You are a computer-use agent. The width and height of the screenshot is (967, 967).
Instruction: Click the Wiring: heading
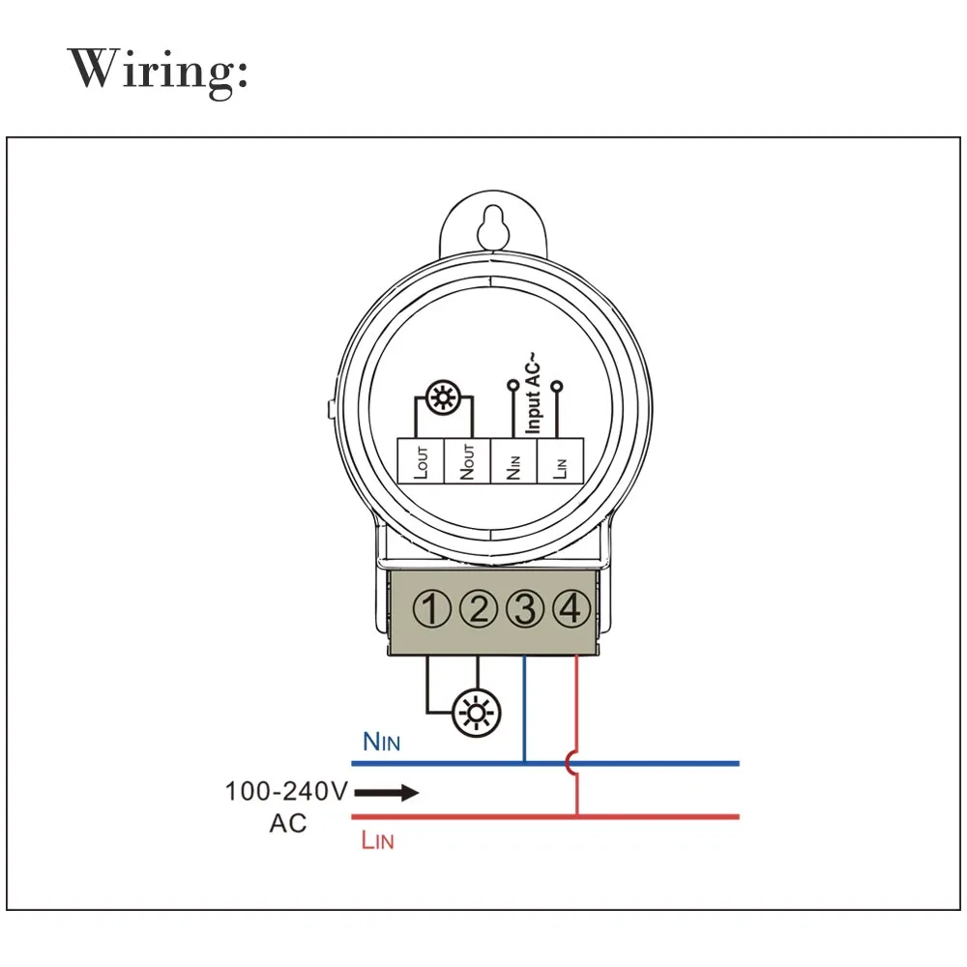(158, 72)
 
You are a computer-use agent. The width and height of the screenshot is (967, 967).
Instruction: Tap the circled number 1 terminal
(431, 608)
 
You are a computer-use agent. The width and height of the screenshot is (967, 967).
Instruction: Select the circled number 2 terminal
(479, 608)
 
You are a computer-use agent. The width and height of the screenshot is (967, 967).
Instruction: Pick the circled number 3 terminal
(525, 608)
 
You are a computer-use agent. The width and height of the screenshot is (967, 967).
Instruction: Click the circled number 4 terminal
(571, 608)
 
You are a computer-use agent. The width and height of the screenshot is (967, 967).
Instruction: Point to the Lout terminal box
(421, 460)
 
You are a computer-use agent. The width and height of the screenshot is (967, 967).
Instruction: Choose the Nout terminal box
(467, 460)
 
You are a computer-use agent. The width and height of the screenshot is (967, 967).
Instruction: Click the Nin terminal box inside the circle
(513, 460)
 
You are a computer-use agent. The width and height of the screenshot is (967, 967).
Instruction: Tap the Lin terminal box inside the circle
(561, 460)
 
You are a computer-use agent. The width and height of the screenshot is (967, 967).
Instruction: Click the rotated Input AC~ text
(533, 393)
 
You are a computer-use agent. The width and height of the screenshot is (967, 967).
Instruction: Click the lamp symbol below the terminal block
(476, 713)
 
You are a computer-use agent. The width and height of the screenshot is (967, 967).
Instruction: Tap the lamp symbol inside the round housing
(443, 397)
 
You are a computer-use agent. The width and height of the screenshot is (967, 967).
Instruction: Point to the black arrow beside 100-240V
(387, 793)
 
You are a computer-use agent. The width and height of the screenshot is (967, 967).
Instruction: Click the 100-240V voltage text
(286, 791)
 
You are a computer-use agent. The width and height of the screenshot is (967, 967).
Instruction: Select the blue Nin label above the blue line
(382, 742)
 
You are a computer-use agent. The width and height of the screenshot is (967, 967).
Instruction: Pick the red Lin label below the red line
(377, 840)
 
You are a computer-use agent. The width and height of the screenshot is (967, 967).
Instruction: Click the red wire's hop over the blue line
(570, 764)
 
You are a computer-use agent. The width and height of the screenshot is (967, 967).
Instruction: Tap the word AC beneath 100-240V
(288, 823)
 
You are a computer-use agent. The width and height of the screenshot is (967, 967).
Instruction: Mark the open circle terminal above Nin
(513, 386)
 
